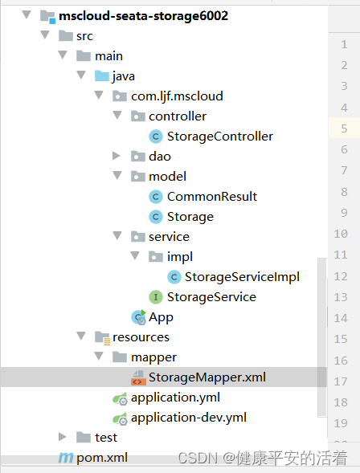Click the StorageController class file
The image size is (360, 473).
220,137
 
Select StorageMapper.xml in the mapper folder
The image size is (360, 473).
207,377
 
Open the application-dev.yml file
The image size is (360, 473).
189,418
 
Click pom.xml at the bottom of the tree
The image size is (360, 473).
102,458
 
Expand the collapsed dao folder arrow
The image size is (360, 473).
117,156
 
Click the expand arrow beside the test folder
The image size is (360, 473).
62,437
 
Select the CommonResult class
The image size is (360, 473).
212,197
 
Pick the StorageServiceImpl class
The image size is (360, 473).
242,277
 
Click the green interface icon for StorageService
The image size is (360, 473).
156,297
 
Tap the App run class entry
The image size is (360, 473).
161,317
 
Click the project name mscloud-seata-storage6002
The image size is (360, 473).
143,16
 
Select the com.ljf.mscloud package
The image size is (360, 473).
177,96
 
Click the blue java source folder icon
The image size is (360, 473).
102,75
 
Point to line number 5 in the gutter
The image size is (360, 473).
344,128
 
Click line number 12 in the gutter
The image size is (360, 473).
341,276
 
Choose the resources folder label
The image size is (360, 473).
141,337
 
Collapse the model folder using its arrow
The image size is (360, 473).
117,176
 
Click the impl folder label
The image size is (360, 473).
180,257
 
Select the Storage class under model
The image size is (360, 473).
190,217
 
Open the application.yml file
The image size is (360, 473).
175,398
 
